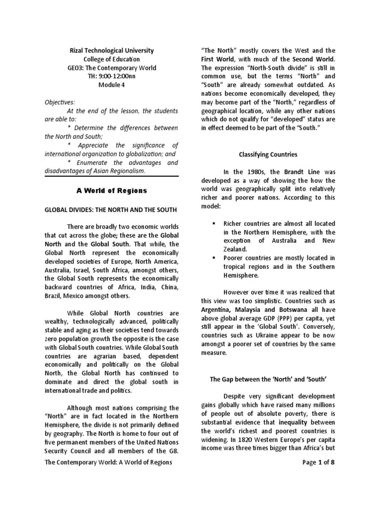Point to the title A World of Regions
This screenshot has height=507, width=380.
[x=111, y=191]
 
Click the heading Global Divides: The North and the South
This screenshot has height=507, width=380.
[x=111, y=210]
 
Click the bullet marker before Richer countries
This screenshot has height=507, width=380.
[x=214, y=224]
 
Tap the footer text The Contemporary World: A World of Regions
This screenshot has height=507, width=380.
[x=108, y=462]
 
